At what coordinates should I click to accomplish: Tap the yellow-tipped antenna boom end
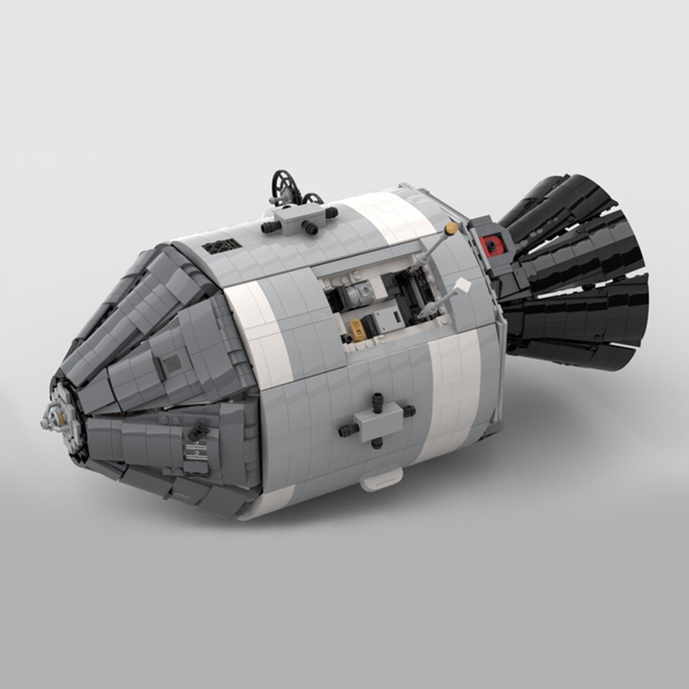click(x=451, y=229)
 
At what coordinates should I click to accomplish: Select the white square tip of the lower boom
click(x=463, y=286)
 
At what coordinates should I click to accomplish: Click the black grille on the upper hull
click(x=222, y=246)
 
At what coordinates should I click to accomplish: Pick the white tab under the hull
click(x=381, y=480)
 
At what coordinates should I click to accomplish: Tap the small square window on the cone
click(x=172, y=365)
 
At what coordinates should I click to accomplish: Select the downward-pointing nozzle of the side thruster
click(x=378, y=444)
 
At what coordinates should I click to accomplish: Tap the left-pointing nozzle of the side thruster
click(x=347, y=429)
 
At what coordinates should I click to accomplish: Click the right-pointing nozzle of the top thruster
click(x=331, y=213)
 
